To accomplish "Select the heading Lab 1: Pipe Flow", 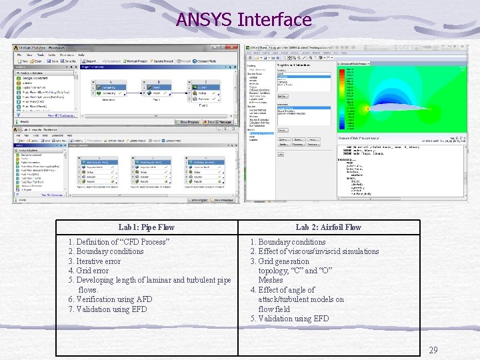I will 146,227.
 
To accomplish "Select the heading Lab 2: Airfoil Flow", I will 328,227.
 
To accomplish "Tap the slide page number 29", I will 433,350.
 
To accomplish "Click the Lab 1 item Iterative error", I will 99,261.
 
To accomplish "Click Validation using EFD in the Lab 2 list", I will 293,319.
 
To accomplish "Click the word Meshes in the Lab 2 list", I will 271,280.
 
